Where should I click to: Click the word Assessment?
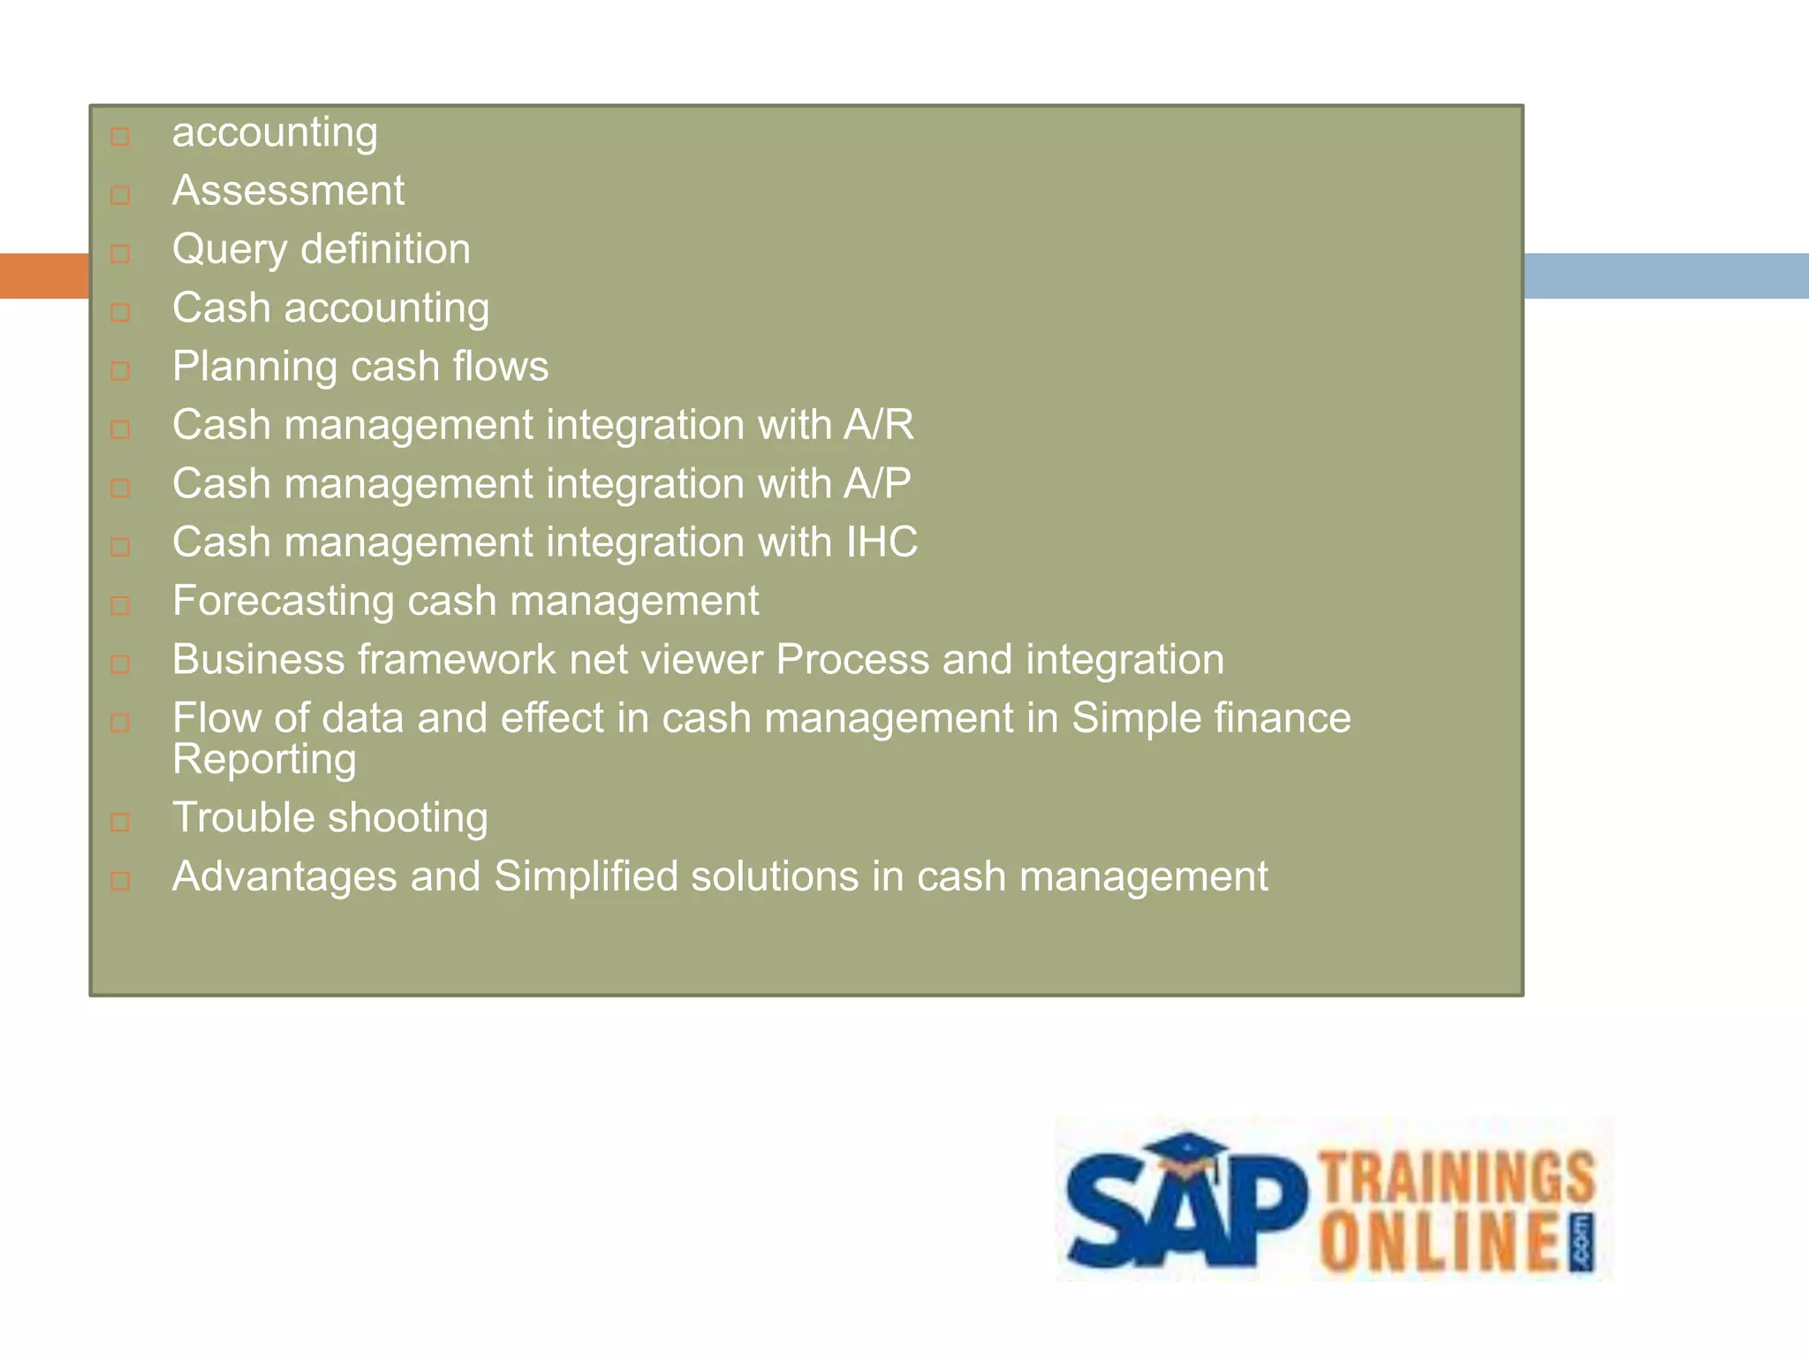coord(288,191)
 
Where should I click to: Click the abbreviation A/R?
coord(878,425)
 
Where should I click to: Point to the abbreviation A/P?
coord(876,484)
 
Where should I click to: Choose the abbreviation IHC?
coord(882,542)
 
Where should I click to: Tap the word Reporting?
coord(264,760)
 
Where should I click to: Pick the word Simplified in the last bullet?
coord(585,877)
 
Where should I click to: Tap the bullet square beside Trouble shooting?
coord(120,823)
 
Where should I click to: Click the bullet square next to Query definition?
coord(120,254)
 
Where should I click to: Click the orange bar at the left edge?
coord(44,276)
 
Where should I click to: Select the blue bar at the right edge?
coord(1666,276)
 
